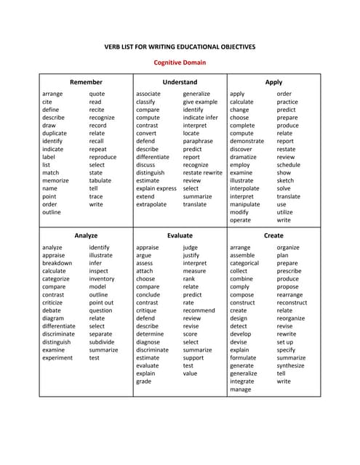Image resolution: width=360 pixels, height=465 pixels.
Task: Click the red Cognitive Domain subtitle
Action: point(180,62)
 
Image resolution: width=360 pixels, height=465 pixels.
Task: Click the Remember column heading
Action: point(86,82)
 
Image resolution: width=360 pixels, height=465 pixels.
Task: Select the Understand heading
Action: point(180,82)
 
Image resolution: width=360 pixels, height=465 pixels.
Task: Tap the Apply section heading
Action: point(273,82)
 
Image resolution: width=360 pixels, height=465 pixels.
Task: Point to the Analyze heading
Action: point(86,235)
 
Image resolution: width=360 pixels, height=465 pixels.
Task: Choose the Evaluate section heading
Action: point(180,235)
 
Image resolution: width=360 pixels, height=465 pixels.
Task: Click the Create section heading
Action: point(273,235)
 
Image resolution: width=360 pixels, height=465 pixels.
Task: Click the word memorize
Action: point(56,181)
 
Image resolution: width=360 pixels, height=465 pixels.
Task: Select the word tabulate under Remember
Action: point(100,181)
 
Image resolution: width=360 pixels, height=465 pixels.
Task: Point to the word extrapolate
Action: point(151,204)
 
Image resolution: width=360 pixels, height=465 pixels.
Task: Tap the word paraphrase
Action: point(198,141)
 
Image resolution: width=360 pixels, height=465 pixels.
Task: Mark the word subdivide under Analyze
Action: point(102,341)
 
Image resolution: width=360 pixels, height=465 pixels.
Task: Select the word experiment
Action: point(57,357)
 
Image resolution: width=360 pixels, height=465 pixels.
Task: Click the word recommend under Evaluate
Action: point(199,310)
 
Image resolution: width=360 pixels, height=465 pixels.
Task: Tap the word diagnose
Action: point(148,341)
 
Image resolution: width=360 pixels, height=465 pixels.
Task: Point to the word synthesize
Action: point(291,365)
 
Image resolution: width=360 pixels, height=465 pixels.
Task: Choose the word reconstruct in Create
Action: point(292,302)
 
